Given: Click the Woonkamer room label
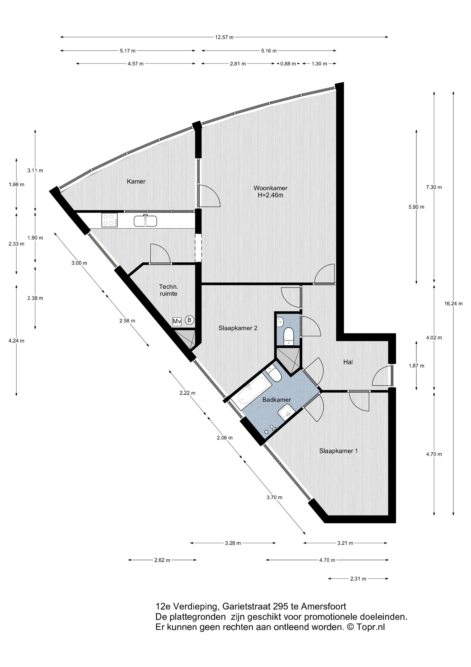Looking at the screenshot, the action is [x=270, y=188].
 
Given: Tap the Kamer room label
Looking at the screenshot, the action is [x=136, y=182].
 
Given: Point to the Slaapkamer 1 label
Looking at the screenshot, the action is [x=338, y=451].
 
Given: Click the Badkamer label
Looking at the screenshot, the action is [x=276, y=400].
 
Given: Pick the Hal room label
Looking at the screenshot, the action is [x=348, y=362].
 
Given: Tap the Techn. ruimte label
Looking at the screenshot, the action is [x=169, y=290].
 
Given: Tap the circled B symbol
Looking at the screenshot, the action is [x=189, y=320].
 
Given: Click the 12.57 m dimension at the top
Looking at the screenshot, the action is [x=224, y=37].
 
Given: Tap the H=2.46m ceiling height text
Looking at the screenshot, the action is [x=270, y=195].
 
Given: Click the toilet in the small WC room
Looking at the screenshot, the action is [x=288, y=336].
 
